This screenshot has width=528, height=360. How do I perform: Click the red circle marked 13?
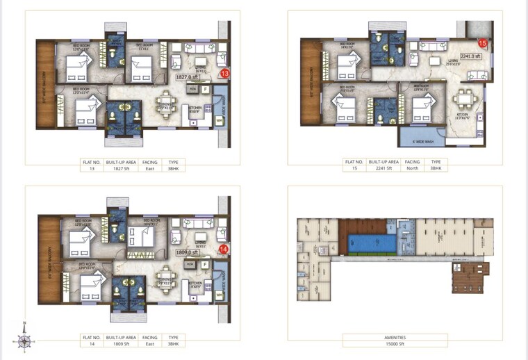point(224,73)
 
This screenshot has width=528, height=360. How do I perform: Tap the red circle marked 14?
point(224,249)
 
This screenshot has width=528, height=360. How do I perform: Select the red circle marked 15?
point(482,44)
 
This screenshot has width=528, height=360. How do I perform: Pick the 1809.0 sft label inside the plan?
point(187,253)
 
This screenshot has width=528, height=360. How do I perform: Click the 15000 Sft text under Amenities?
point(395,343)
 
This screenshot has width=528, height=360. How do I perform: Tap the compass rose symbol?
point(25,341)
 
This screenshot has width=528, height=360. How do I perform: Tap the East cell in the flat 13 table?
point(150,168)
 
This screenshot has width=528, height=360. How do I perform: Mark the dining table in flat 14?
point(166,279)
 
